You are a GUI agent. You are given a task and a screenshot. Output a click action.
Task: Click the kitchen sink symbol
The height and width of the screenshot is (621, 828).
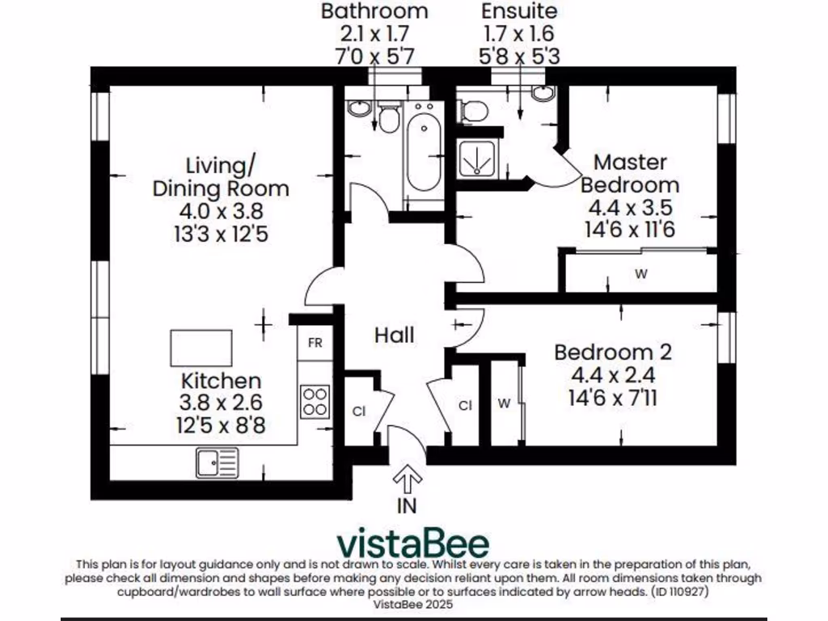217,463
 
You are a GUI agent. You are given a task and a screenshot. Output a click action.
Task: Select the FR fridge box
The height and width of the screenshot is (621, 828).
315,343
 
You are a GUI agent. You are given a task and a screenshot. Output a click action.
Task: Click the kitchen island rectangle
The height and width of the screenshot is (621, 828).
201,348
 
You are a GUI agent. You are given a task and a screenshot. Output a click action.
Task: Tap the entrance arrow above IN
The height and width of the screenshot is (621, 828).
408,483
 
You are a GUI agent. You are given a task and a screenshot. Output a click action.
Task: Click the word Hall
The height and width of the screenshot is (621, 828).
394,335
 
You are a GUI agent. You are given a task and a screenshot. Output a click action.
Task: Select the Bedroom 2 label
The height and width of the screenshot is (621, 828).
612,353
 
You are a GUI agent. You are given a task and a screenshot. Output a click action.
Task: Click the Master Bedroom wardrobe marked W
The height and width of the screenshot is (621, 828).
640,274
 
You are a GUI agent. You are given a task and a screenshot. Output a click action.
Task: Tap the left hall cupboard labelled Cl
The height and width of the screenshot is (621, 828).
359,410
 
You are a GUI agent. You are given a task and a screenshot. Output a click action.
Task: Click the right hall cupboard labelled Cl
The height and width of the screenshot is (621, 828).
465,406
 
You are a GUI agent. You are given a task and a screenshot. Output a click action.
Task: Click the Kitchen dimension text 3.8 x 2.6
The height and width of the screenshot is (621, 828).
221,402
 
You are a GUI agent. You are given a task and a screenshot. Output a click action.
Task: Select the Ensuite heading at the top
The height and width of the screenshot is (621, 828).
519,11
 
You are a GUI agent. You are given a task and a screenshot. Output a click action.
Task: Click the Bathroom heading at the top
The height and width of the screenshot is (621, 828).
374,11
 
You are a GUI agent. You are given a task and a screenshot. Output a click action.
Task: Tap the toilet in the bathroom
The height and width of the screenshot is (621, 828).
389,119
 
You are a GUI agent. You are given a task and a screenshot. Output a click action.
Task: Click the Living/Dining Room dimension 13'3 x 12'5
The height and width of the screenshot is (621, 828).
221,234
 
